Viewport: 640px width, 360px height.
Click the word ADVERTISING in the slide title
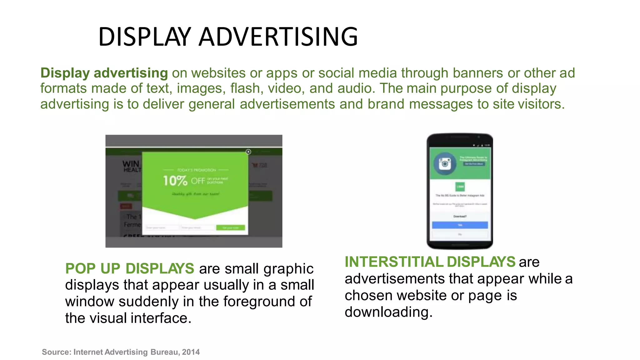[x=278, y=37]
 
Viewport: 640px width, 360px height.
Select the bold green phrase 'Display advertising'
[x=104, y=73]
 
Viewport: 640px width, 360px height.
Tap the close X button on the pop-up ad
[x=248, y=152]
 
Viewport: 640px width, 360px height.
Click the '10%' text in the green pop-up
[x=175, y=181]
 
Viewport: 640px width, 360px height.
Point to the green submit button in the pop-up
[x=231, y=228]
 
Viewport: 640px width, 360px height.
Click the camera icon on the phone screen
[x=445, y=163]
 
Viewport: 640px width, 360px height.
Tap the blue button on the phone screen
[x=460, y=225]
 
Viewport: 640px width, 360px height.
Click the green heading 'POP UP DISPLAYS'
[x=130, y=269]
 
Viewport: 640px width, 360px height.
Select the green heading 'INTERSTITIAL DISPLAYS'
[x=430, y=262]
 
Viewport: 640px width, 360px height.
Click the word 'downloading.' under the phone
[x=388, y=312]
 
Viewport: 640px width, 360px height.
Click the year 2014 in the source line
[x=191, y=352]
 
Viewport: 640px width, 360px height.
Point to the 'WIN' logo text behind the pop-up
[x=131, y=164]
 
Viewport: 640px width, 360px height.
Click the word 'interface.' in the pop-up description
[x=161, y=318]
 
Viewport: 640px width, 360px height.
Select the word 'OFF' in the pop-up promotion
[x=198, y=181]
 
